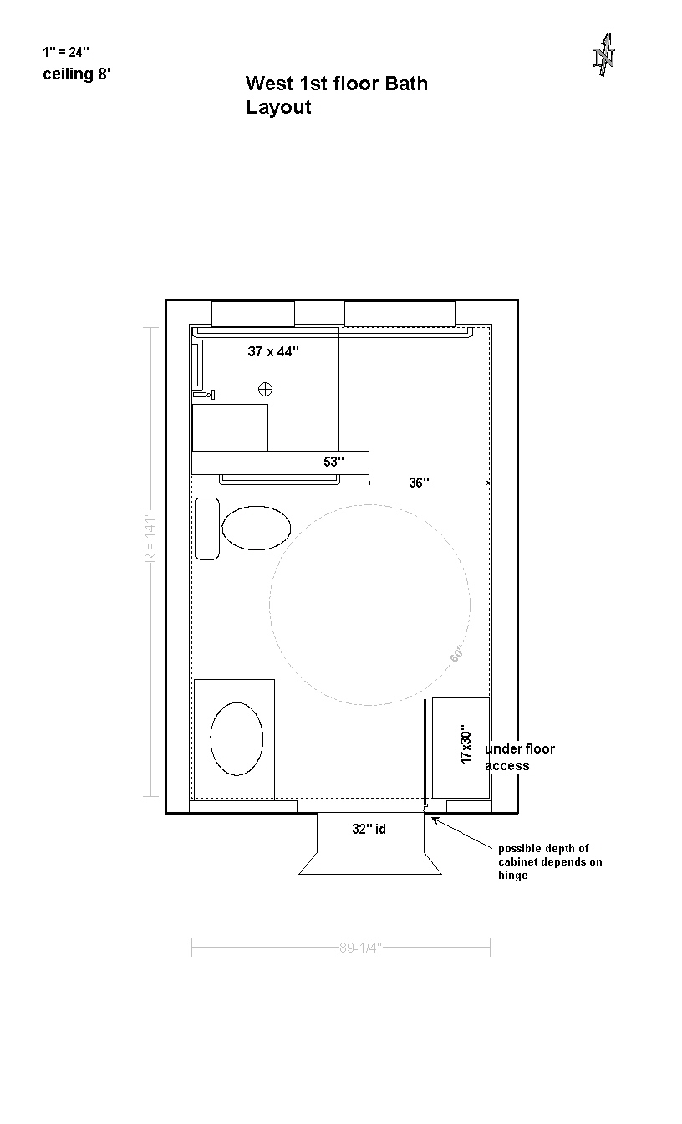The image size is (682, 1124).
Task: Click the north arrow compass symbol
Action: [x=603, y=54]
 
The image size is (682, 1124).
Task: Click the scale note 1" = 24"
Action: [x=66, y=52]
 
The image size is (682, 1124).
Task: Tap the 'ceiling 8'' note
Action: [x=77, y=74]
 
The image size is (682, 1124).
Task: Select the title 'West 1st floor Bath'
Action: [x=337, y=84]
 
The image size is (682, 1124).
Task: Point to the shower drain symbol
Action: [x=265, y=389]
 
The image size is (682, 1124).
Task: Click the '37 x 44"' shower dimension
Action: [x=273, y=351]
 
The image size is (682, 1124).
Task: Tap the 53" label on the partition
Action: [x=333, y=462]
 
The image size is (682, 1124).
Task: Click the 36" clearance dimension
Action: [x=419, y=483]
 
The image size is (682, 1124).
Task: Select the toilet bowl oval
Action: [x=257, y=528]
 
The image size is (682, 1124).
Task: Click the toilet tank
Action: [x=207, y=529]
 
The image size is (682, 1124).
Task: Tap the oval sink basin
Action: [x=237, y=738]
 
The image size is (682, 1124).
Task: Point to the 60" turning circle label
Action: [x=456, y=654]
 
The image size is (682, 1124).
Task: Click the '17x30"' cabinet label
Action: [x=466, y=744]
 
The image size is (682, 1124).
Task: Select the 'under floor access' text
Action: [x=520, y=757]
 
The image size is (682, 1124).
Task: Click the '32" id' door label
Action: [x=369, y=829]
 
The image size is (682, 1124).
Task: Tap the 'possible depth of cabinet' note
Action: [x=550, y=861]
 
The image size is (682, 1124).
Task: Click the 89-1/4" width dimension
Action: [x=360, y=948]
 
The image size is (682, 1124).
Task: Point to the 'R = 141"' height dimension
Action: [x=150, y=537]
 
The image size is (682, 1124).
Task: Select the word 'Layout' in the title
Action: [x=278, y=107]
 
